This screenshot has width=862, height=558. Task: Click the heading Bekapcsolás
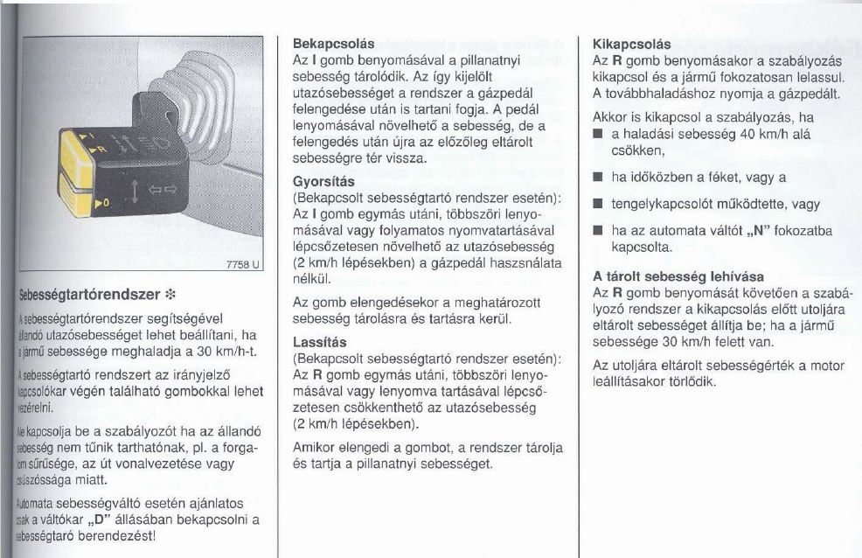pos(332,43)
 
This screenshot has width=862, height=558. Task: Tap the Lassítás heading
pos(320,342)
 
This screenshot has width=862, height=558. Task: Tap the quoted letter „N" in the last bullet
pos(756,231)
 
